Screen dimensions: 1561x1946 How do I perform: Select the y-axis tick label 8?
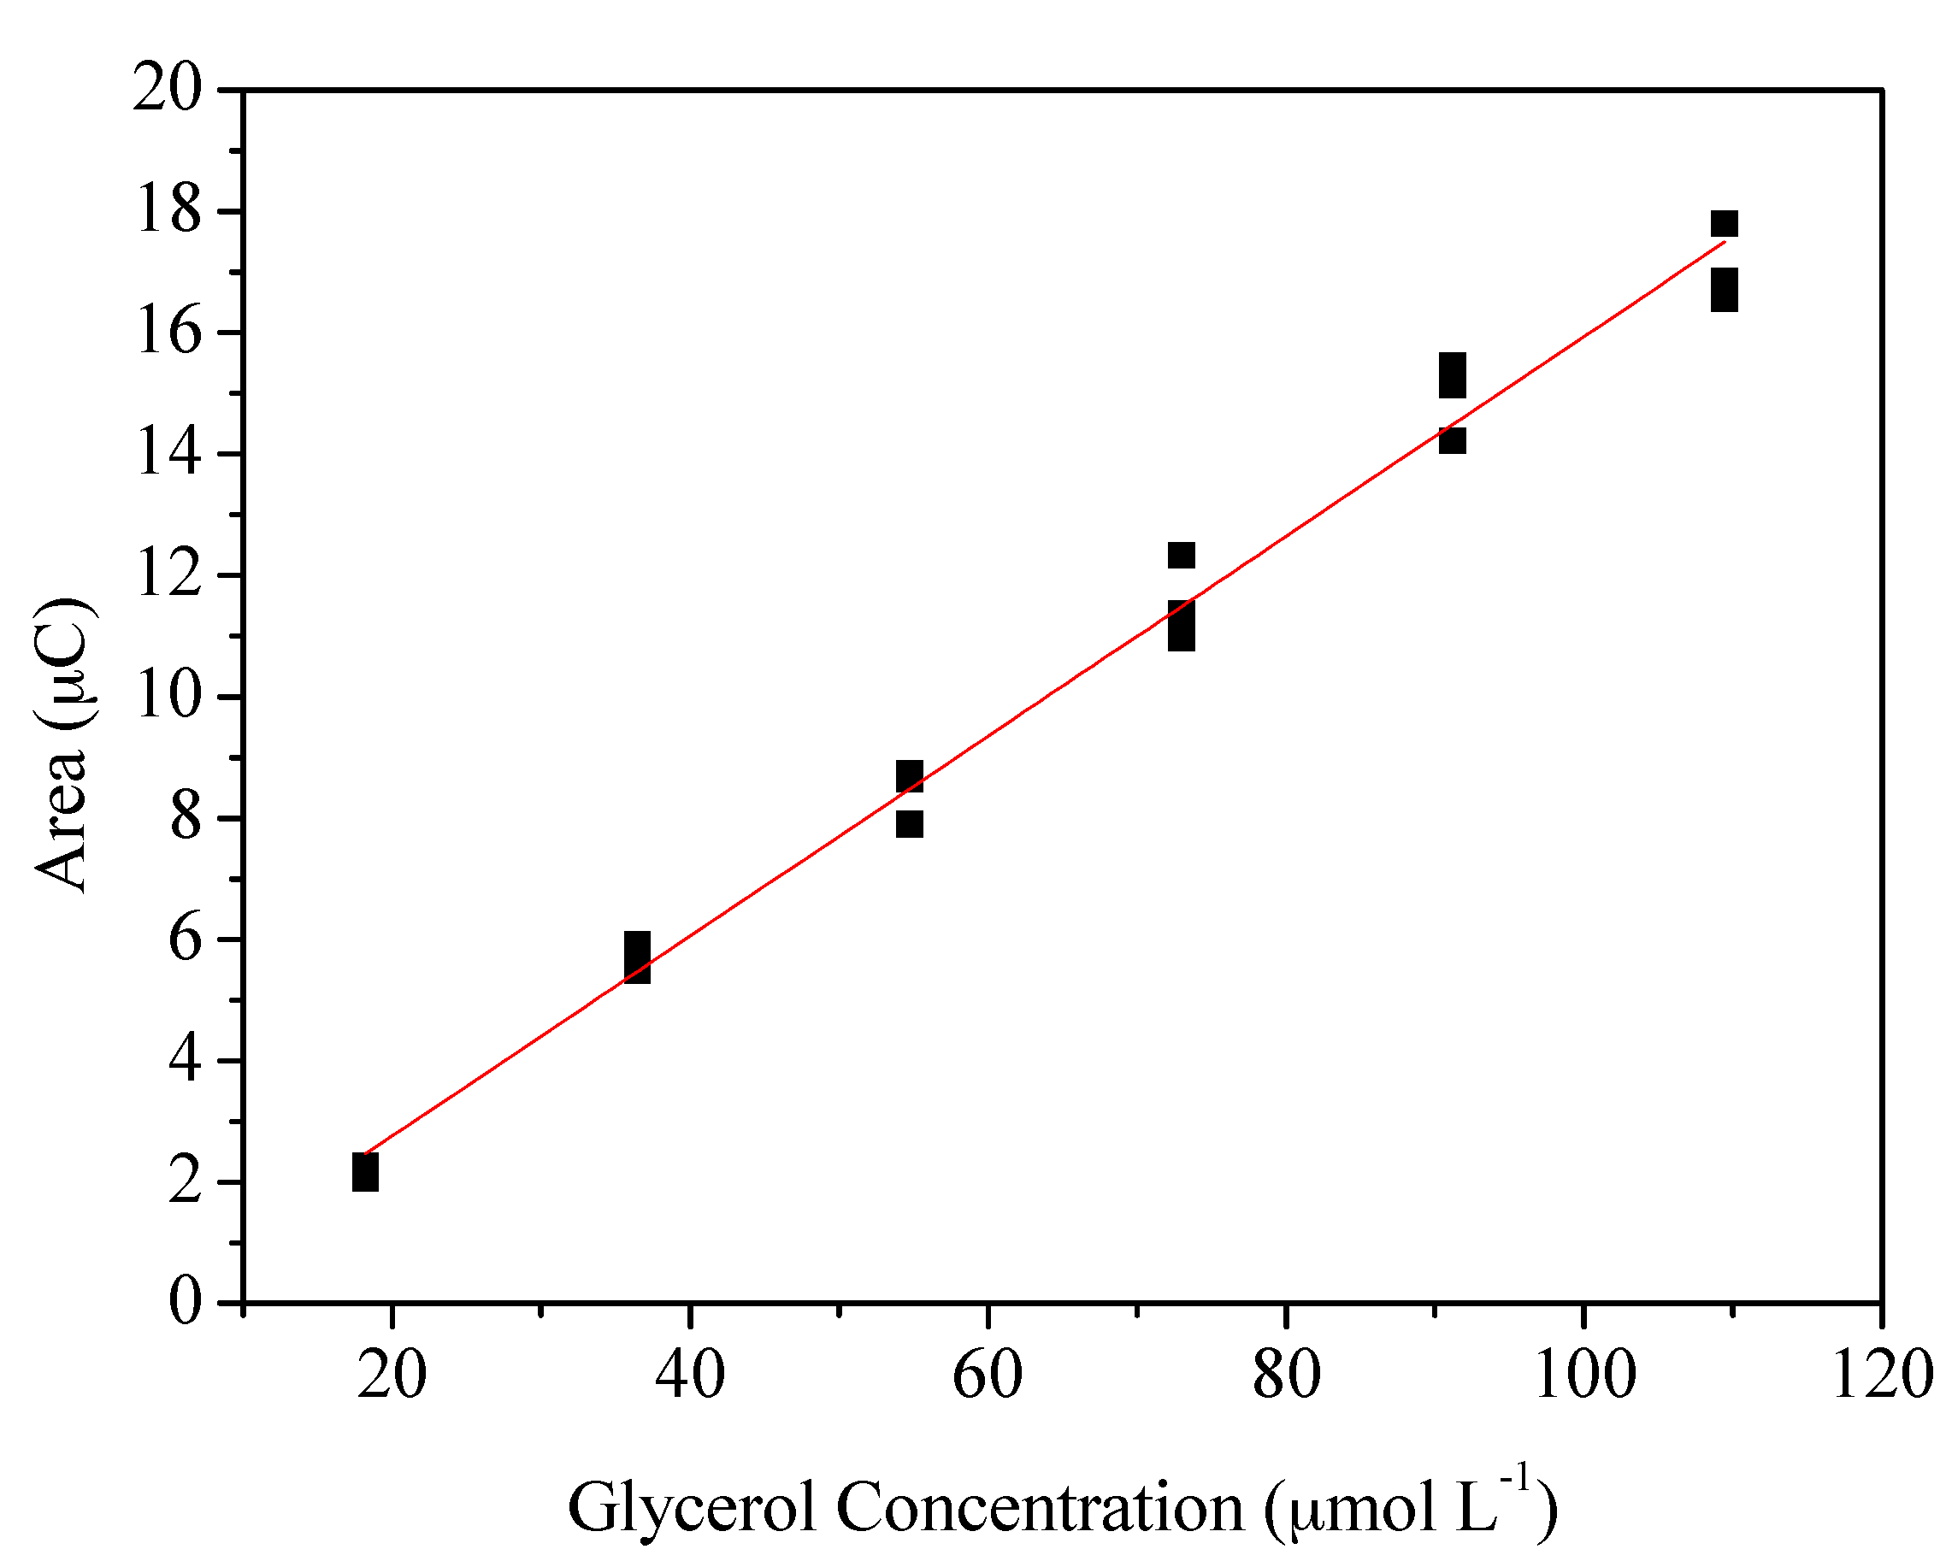(x=185, y=818)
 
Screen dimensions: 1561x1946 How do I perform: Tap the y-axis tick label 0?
(x=185, y=1303)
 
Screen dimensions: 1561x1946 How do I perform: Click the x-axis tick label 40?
(x=690, y=1375)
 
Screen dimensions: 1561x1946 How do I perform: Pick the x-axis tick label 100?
(x=1584, y=1375)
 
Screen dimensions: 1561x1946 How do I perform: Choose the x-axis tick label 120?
(x=1881, y=1375)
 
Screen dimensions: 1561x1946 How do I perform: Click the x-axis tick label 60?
(x=988, y=1375)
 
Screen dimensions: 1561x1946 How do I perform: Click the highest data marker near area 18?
(x=1724, y=224)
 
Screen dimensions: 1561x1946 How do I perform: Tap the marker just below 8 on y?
(x=910, y=824)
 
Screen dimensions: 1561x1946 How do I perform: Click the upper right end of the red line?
(x=1724, y=242)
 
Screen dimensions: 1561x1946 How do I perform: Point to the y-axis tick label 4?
(x=185, y=1061)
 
